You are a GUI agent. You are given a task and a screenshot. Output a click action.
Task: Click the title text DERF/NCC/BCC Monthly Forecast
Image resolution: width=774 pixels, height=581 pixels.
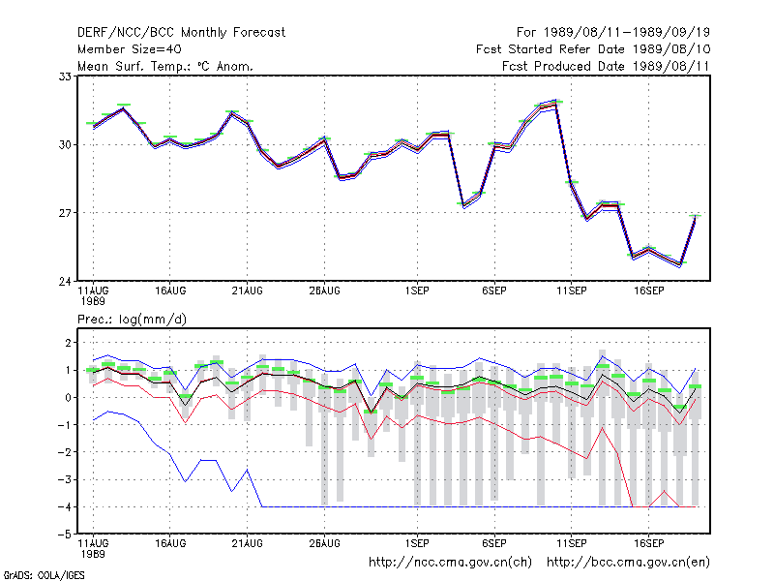181,33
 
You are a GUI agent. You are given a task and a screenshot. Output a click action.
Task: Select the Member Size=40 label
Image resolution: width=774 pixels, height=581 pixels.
130,49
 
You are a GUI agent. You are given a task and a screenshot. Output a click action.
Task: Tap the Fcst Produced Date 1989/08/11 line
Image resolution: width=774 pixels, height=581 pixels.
606,66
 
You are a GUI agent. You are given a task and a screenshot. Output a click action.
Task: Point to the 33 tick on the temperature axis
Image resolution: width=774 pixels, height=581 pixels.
65,76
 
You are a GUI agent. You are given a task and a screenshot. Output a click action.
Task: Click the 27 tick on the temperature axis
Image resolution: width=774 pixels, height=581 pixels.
65,213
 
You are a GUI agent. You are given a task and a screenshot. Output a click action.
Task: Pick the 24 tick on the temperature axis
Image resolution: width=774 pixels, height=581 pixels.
65,282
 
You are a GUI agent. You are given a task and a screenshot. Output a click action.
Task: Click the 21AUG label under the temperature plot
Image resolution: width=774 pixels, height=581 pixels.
248,291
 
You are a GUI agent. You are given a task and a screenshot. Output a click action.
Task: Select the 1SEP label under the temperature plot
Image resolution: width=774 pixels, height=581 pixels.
417,291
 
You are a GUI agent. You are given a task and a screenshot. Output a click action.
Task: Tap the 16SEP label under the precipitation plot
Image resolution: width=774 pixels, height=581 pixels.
648,543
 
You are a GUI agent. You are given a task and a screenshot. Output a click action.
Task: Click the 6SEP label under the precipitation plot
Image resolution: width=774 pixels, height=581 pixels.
494,543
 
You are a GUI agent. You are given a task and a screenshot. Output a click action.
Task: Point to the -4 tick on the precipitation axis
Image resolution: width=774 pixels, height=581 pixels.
65,506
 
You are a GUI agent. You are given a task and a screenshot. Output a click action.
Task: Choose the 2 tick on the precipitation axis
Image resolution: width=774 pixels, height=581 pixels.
68,343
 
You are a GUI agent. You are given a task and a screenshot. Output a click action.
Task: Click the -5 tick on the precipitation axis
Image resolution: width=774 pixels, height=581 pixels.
65,535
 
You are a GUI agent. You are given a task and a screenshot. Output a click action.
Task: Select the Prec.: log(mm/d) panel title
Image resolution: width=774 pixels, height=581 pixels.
132,320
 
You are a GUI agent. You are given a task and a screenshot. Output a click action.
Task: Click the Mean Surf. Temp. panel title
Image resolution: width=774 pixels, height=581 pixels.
165,66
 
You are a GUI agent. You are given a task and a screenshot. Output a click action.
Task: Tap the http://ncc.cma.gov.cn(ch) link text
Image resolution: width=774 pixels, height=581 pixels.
450,563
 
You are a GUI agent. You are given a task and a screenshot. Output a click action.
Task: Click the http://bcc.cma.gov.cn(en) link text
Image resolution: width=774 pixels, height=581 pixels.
628,563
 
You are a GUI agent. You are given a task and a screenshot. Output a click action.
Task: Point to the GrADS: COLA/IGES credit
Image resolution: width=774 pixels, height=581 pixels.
44,575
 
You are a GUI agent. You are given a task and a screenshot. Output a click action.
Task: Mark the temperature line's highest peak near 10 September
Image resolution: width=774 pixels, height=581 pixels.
556,103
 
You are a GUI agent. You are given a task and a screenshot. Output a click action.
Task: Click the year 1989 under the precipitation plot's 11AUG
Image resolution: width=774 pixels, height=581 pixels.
93,554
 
